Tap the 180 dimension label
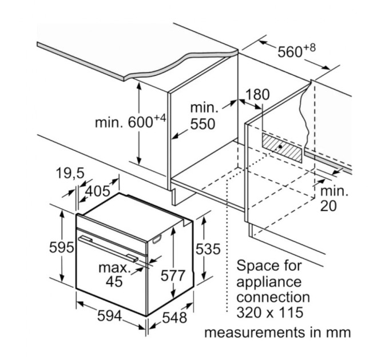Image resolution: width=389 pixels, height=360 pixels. (257, 95)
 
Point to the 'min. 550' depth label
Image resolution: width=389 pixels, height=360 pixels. (204, 115)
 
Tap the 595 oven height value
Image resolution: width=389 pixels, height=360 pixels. (61, 248)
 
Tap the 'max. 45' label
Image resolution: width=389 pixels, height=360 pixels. (115, 274)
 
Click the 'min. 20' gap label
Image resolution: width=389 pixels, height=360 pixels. (333, 199)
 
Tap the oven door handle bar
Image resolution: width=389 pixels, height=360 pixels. (109, 246)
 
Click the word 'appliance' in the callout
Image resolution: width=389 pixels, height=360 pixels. (268, 282)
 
